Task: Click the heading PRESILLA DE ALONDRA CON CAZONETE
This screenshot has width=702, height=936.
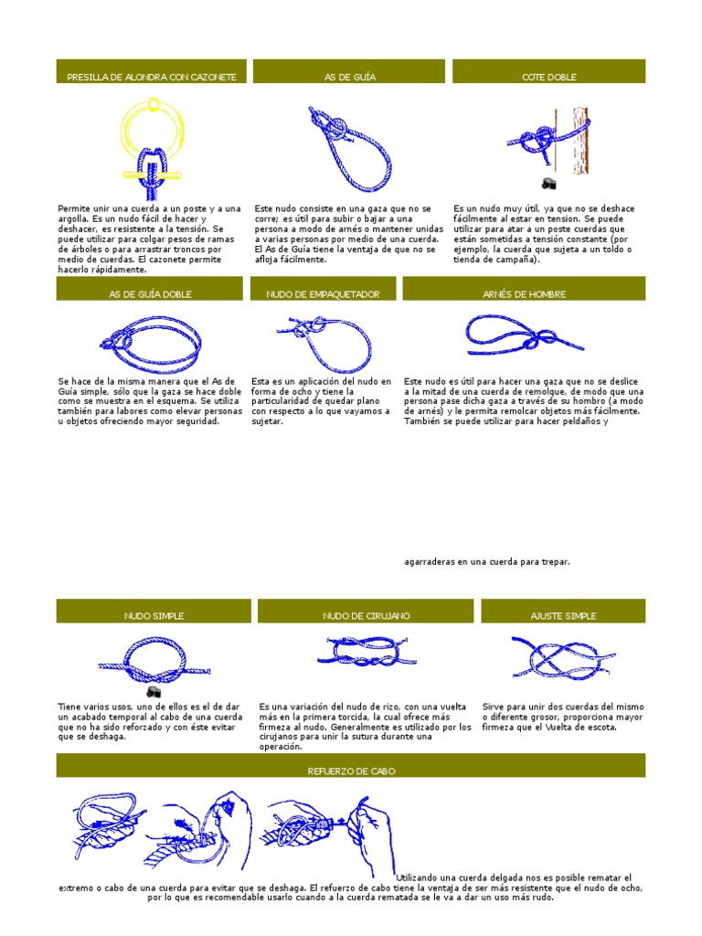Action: pyautogui.click(x=152, y=77)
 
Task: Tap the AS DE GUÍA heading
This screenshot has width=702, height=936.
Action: pyautogui.click(x=349, y=77)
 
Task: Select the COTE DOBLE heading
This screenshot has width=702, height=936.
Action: pyautogui.click(x=548, y=77)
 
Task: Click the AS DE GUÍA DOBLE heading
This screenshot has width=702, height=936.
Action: pyautogui.click(x=152, y=294)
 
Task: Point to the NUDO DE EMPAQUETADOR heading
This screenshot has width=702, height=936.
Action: pyautogui.click(x=323, y=294)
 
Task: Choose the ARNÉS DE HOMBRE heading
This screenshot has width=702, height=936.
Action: pyautogui.click(x=524, y=294)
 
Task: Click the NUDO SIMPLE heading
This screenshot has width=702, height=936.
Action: pyautogui.click(x=152, y=616)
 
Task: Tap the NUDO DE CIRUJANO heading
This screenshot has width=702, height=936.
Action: pyautogui.click(x=366, y=616)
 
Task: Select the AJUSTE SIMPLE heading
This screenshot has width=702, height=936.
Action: pyautogui.click(x=563, y=616)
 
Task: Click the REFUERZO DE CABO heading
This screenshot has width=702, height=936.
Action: pyautogui.click(x=351, y=771)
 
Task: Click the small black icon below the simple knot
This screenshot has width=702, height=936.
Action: pyautogui.click(x=154, y=692)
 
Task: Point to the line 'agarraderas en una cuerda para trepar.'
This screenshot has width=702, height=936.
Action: pyautogui.click(x=487, y=561)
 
